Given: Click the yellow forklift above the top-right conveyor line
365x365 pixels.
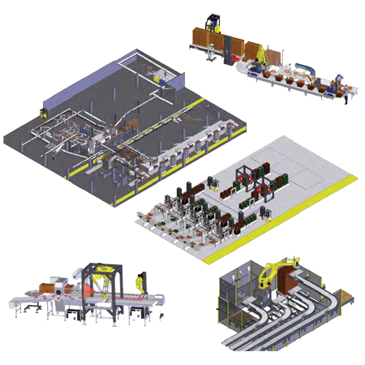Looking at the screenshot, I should coord(213,19).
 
